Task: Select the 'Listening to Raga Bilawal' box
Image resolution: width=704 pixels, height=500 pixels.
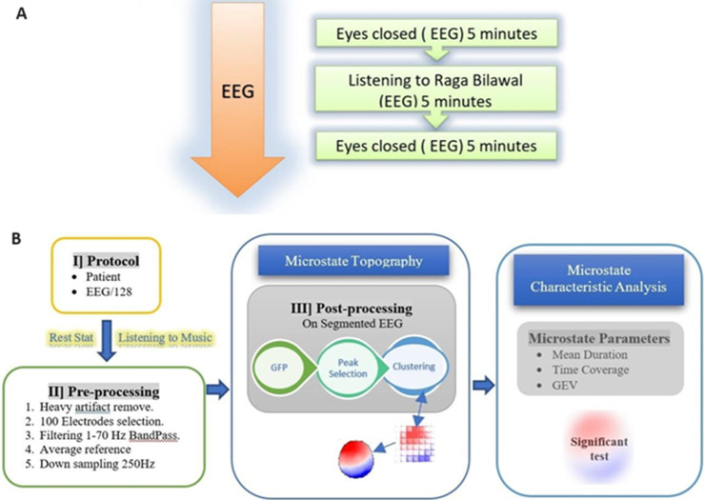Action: coord(435,89)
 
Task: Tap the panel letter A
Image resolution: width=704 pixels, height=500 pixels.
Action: coord(21,14)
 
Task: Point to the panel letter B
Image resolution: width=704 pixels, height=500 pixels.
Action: coord(16,238)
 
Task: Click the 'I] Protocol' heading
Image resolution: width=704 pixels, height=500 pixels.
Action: coord(106,261)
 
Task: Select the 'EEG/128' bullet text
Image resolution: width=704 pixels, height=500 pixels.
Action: coord(109,291)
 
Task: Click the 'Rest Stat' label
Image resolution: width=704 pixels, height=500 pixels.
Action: coord(71,337)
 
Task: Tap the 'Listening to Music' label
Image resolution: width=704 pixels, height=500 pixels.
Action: coord(165,337)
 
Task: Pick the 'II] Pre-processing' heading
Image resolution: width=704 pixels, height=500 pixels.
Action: coord(104,391)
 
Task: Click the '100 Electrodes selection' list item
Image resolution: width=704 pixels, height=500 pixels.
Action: coord(102,421)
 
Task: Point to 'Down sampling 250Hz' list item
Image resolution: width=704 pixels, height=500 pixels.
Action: coord(97,464)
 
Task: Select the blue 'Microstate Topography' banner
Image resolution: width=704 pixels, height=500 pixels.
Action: coord(353,261)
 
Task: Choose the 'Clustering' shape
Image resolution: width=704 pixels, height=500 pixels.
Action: coord(414,367)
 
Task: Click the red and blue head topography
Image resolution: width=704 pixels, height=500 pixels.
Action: coord(356,458)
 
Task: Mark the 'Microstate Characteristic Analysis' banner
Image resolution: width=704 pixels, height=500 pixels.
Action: coord(598,279)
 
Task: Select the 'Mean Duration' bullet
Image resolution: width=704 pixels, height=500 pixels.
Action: coord(590,354)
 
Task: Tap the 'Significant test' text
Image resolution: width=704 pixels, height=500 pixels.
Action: coord(599,449)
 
